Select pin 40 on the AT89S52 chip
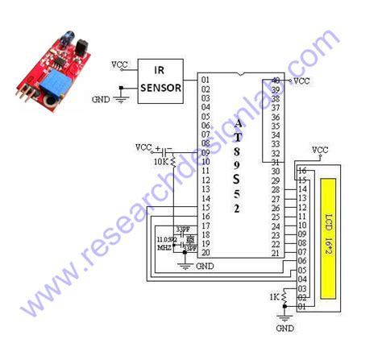pos(276,81)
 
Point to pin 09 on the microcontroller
pos(206,151)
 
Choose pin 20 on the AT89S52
pos(206,253)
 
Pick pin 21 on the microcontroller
pos(276,253)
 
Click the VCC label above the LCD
pos(319,150)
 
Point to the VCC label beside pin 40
pos(302,81)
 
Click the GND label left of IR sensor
pos(101,99)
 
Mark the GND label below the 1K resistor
pos(285,329)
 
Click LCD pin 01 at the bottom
pos(302,307)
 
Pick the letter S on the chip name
pos(237,178)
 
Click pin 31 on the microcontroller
pos(276,162)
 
